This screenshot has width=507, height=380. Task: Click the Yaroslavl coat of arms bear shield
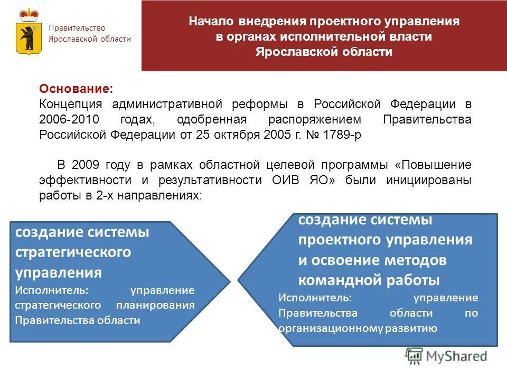[x=26, y=38]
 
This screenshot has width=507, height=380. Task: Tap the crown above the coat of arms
[x=26, y=15]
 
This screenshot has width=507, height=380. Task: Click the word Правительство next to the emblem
[x=77, y=28]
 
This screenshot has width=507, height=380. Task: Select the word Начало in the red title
[x=210, y=22]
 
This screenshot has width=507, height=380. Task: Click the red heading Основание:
[x=76, y=90]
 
